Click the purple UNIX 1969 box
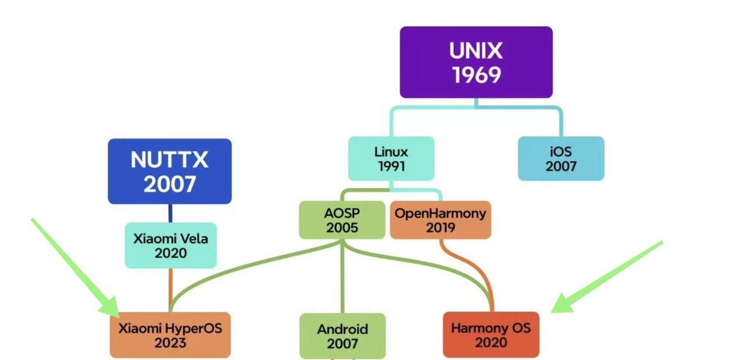pos(476,62)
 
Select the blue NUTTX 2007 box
pos(170,171)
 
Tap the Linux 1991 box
pos(391,159)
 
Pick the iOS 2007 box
pos(561,159)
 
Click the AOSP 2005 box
pos(342,220)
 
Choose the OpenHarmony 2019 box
pos(441,220)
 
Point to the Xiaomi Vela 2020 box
pos(171,245)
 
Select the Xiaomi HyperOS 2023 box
pos(170,335)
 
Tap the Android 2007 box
pos(342,336)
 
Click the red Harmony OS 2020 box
pos(491,335)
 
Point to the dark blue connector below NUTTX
pos(170,213)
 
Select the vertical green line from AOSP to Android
pos(342,276)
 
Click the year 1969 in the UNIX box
pos(477,75)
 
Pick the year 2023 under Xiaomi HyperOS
pos(170,343)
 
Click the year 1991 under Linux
pos(392,166)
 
